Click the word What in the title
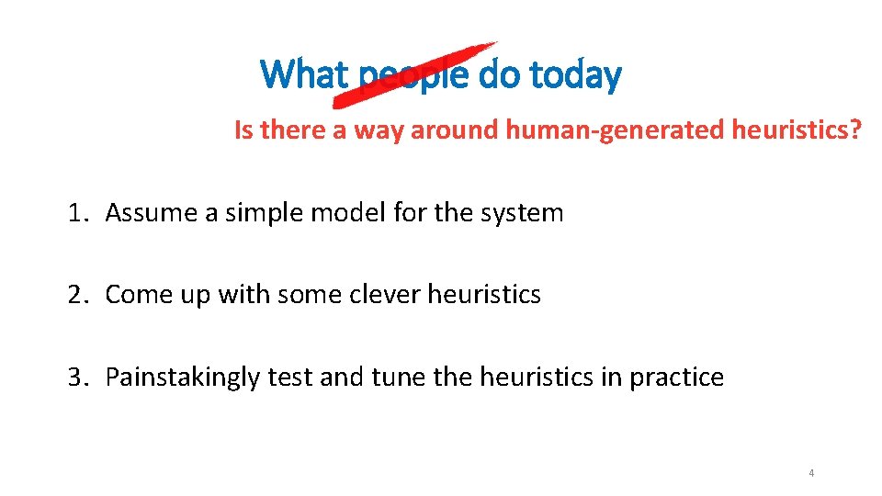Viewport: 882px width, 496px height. pyautogui.click(x=305, y=73)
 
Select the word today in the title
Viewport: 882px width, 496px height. pyautogui.click(x=574, y=73)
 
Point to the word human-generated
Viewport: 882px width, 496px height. pyautogui.click(x=615, y=130)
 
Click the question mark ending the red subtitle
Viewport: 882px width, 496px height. pyautogui.click(x=856, y=130)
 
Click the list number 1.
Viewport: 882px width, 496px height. pyautogui.click(x=74, y=213)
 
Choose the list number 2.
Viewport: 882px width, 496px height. pyautogui.click(x=74, y=295)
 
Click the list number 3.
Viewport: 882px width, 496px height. pyautogui.click(x=74, y=378)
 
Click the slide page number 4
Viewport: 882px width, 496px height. pyautogui.click(x=811, y=473)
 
